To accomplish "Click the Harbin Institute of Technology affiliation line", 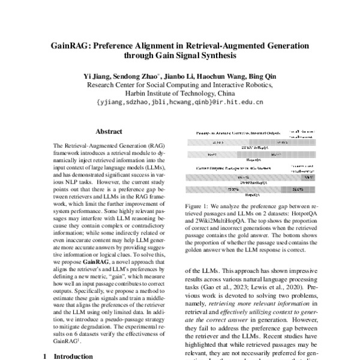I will tap(179, 94).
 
